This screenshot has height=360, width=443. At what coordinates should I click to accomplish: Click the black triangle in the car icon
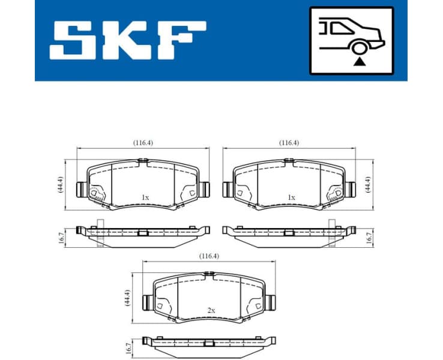pyautogui.click(x=359, y=61)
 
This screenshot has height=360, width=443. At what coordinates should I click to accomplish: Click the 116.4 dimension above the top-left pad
pyautogui.click(x=143, y=143)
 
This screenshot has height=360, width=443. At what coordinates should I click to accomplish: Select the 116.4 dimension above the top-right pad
pyautogui.click(x=289, y=143)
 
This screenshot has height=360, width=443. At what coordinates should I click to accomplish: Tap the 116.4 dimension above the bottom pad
pyautogui.click(x=209, y=256)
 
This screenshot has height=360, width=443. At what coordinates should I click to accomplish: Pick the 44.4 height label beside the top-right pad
pyautogui.click(x=367, y=184)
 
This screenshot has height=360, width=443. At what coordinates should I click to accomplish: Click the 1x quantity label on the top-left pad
pyautogui.click(x=145, y=197)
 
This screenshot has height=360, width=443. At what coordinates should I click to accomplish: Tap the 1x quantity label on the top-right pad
pyautogui.click(x=291, y=197)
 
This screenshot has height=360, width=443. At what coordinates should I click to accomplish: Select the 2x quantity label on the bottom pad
pyautogui.click(x=211, y=310)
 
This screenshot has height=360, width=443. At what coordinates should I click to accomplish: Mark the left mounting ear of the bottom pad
pyautogui.click(x=147, y=302)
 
